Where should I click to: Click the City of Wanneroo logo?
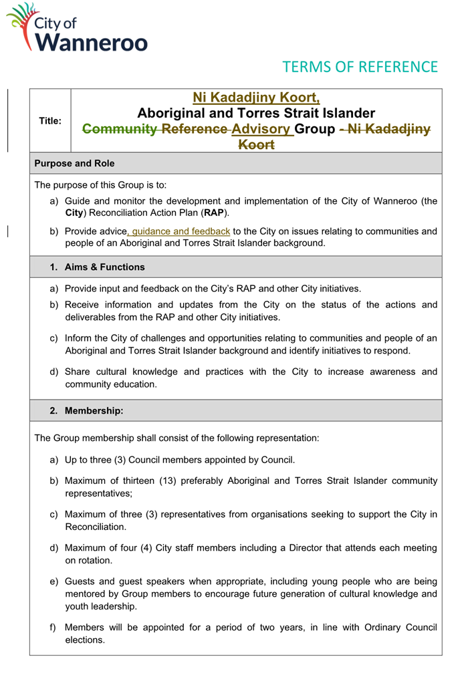coord(78,28)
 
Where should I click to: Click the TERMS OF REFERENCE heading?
coord(360,67)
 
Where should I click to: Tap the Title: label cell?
coord(50,121)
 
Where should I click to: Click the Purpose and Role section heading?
coord(74,163)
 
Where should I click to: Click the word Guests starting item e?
coord(81,581)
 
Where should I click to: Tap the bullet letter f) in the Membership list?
coord(53,628)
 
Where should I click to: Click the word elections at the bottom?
coord(85,640)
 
